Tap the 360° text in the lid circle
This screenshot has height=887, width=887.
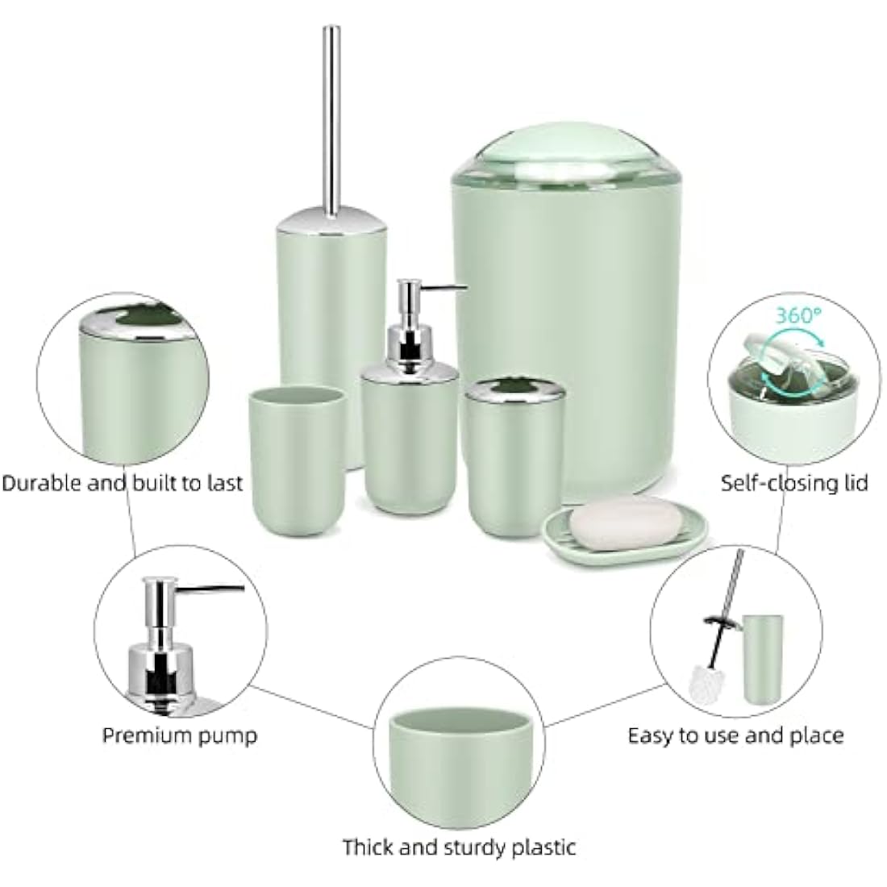point(796,316)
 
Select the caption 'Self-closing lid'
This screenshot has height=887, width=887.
point(794,483)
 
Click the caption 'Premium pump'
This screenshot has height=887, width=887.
point(180,735)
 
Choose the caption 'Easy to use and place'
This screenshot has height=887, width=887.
point(735,735)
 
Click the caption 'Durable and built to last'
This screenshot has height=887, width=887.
point(122,483)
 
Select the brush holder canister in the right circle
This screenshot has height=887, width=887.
point(762,657)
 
